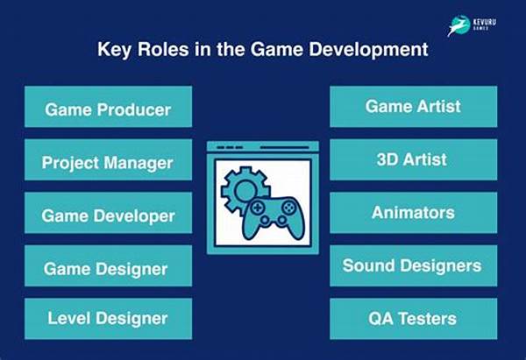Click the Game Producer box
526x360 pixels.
click(109, 107)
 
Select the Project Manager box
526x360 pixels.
click(109, 159)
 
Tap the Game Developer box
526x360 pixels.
click(109, 213)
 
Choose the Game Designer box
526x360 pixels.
click(109, 265)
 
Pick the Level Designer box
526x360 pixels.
click(109, 319)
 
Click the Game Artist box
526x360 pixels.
click(414, 107)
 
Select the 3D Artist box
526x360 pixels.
click(414, 159)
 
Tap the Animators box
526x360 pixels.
click(414, 213)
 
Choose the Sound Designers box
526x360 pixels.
click(414, 265)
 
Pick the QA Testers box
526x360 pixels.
click(414, 319)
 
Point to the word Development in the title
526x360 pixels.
click(368, 50)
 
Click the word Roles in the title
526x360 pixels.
click(163, 49)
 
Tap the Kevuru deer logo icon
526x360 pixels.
click(458, 25)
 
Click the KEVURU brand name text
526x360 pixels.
click(485, 23)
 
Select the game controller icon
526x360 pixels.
click(274, 218)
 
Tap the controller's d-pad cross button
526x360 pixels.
click(257, 208)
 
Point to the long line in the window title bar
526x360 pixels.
click(284, 147)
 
